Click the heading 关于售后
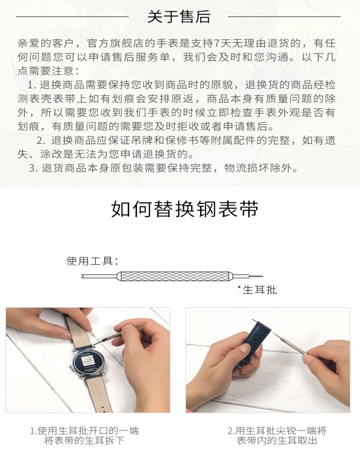(179, 16)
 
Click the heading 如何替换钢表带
(185, 209)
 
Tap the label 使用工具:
(92, 261)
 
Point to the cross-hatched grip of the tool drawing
(175, 276)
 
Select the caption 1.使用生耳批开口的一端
(84, 431)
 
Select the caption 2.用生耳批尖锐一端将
(277, 431)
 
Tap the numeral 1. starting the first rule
(32, 85)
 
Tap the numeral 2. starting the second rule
(41, 141)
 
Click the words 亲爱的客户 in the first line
(46, 43)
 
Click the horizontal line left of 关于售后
(72, 17)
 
